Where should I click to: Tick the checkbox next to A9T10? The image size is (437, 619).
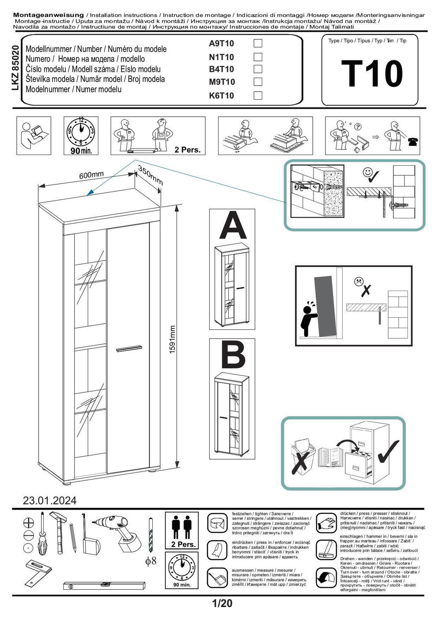(x=258, y=43)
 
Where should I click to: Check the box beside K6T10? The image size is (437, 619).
(x=258, y=95)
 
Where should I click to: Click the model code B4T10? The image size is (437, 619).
(x=221, y=69)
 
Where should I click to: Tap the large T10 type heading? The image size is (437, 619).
(x=372, y=74)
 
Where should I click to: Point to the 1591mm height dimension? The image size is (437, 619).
(x=172, y=340)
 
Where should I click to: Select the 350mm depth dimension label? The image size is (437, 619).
(x=150, y=175)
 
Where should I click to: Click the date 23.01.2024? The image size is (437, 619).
(x=50, y=501)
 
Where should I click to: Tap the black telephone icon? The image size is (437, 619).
(x=413, y=142)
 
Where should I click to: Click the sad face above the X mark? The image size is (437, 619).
(x=359, y=282)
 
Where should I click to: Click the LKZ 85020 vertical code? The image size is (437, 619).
(x=16, y=68)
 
